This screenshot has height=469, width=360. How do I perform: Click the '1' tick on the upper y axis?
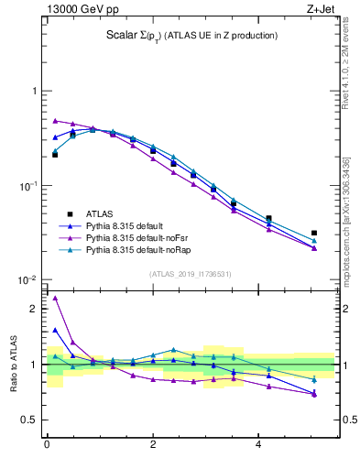pos(34,92)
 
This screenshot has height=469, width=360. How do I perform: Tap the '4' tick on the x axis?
pos(259,444)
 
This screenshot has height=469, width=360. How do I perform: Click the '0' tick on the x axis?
pos(47,444)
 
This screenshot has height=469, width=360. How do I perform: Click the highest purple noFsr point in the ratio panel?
pos(55,298)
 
